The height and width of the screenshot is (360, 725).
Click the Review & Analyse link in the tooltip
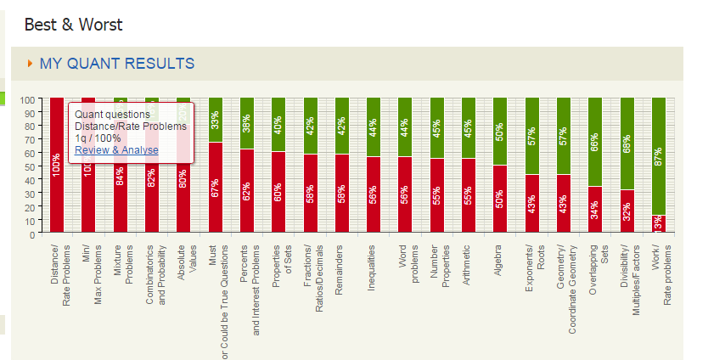click(x=116, y=150)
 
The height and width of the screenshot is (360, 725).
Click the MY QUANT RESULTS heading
click(x=116, y=64)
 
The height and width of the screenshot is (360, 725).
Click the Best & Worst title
click(x=73, y=25)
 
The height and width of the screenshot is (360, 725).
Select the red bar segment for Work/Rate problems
click(x=658, y=222)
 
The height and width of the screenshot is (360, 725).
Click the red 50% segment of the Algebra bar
click(x=500, y=198)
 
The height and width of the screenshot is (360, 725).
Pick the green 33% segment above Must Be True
click(x=216, y=120)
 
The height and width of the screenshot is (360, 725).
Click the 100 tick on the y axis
click(x=26, y=99)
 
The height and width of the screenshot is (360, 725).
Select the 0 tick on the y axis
click(x=31, y=234)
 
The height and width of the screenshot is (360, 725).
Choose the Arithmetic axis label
click(x=468, y=267)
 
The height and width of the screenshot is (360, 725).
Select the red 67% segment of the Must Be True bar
click(x=216, y=188)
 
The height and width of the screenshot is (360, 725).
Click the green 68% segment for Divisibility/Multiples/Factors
click(x=627, y=143)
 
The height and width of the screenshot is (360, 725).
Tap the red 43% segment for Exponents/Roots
click(x=531, y=204)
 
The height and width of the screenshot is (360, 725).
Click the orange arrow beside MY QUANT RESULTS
click(x=31, y=64)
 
